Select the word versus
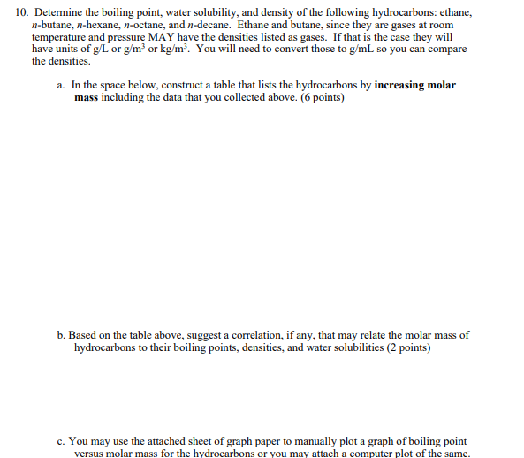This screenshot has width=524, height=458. pos(91,452)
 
